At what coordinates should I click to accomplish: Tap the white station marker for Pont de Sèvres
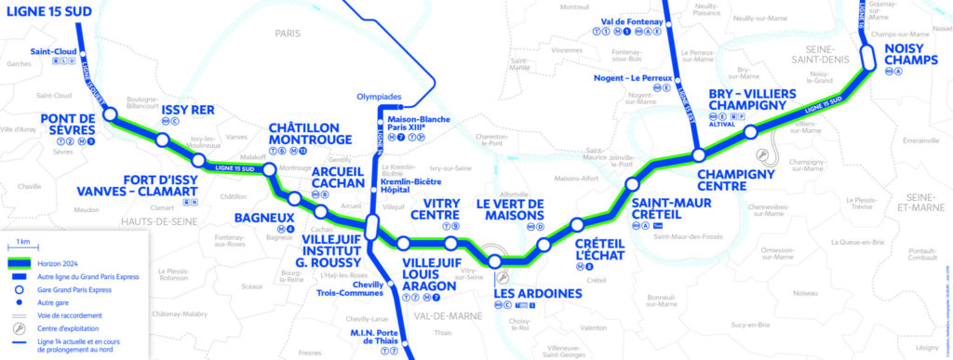110,114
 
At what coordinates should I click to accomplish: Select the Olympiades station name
382,96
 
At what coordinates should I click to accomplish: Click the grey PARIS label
289,33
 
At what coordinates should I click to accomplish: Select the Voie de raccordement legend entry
71,315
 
